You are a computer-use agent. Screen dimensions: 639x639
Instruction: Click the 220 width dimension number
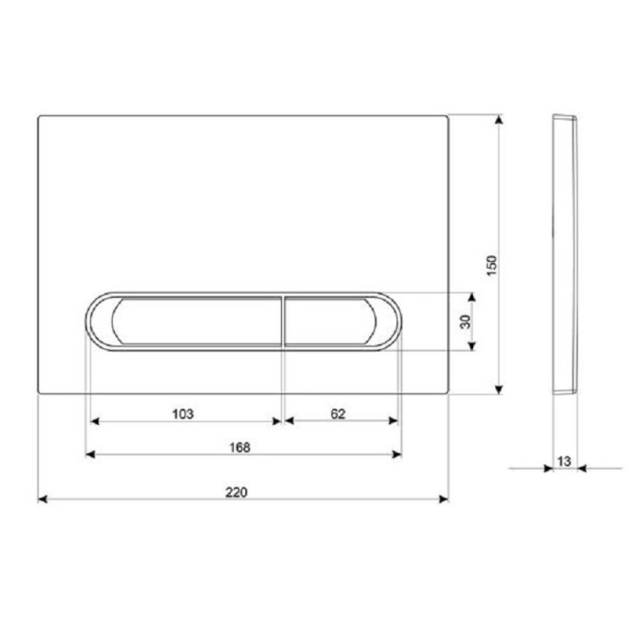(x=236, y=492)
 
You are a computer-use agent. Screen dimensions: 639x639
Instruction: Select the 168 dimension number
(x=240, y=447)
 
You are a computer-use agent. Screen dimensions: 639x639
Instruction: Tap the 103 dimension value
(x=183, y=414)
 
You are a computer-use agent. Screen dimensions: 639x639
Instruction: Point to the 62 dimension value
(x=338, y=414)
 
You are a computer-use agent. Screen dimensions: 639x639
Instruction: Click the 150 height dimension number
(x=492, y=265)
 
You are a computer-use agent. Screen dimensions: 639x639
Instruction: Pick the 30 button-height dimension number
(x=465, y=322)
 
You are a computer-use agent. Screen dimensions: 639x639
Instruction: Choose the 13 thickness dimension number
(x=564, y=462)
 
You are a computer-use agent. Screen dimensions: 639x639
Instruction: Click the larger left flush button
(x=196, y=322)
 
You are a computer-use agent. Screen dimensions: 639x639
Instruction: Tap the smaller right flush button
(x=330, y=322)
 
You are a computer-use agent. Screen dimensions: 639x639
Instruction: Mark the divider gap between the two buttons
(x=283, y=322)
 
